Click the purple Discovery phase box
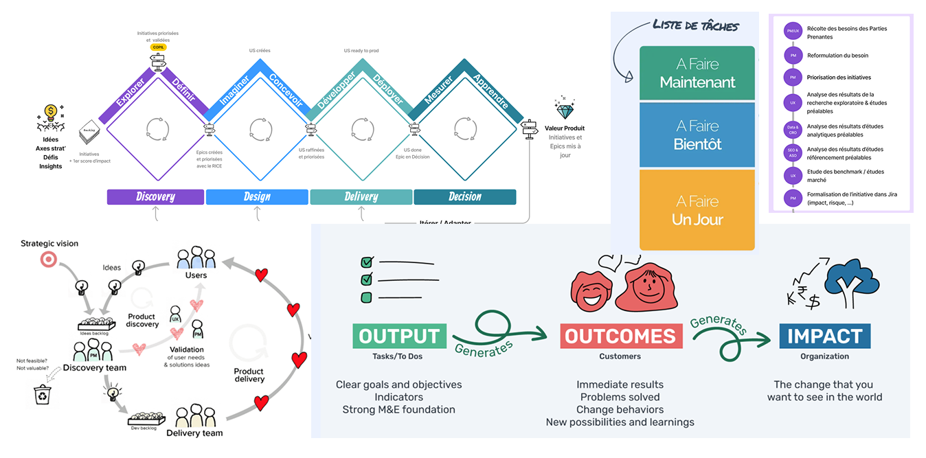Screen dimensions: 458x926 click(155, 197)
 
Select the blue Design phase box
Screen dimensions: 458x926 click(257, 197)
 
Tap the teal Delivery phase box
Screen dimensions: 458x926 click(361, 197)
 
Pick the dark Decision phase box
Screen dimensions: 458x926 click(464, 197)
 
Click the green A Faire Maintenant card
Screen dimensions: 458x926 click(697, 73)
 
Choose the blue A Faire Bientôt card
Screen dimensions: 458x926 click(697, 135)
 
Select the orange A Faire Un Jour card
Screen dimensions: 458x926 click(697, 210)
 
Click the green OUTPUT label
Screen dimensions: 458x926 click(399, 336)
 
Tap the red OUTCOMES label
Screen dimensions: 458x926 click(621, 336)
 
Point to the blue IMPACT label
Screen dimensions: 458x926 click(824, 336)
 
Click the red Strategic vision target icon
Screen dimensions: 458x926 click(49, 259)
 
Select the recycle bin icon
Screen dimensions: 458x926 click(43, 395)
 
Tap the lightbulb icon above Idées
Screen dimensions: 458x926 click(49, 112)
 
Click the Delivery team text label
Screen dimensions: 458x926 click(194, 433)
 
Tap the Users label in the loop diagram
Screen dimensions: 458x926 click(196, 275)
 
